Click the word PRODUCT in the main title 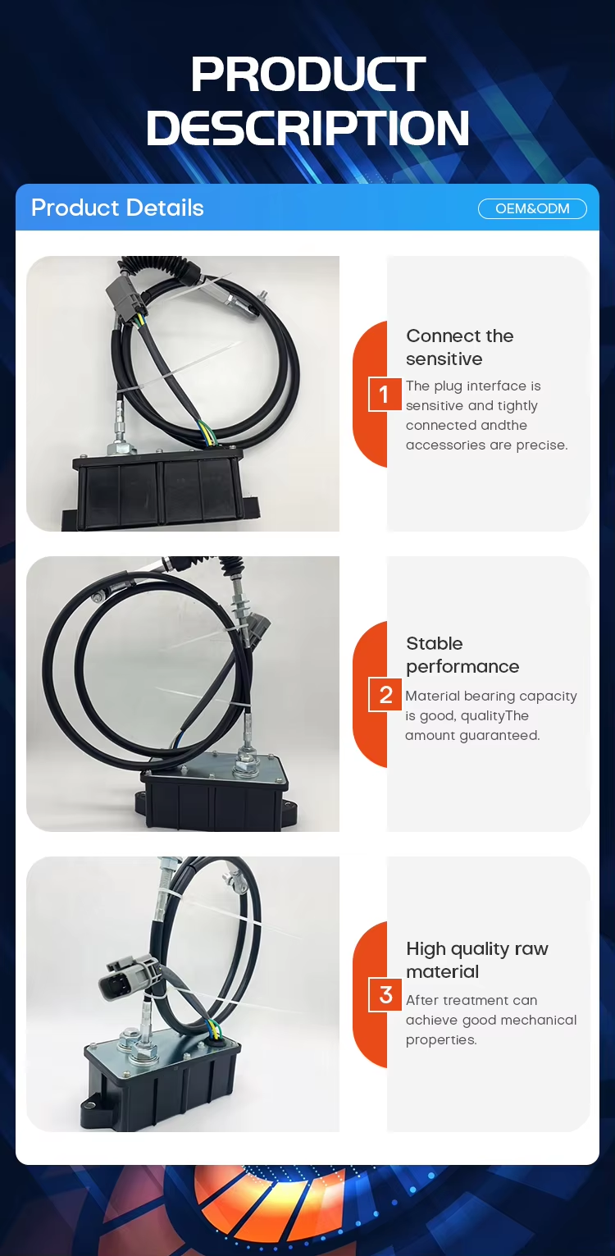(307, 74)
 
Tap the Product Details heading (117, 208)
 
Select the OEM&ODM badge (532, 208)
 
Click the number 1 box (384, 394)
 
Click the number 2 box (385, 695)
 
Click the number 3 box (385, 995)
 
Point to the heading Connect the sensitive (460, 347)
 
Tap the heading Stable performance (462, 655)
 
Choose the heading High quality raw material (477, 960)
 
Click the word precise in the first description (541, 445)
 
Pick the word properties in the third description (441, 1040)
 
